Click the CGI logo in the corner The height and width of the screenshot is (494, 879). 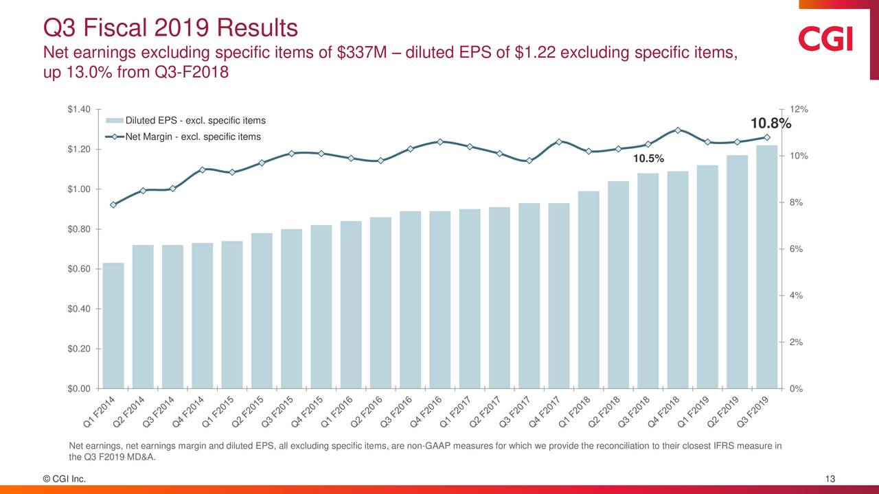pos(825,38)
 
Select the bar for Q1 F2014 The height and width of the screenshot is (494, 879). pos(113,325)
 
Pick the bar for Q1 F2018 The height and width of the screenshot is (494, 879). pos(589,290)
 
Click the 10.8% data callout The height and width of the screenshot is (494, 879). pos(770,124)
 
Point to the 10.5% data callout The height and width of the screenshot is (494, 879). pos(648,159)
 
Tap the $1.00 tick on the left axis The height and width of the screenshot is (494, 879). pos(78,189)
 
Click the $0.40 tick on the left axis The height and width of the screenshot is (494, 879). pos(78,309)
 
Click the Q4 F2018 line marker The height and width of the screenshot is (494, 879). pos(678,130)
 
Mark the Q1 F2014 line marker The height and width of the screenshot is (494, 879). pos(113,204)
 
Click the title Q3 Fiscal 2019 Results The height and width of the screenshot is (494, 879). pos(170,28)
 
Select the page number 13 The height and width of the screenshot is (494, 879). pos(830,479)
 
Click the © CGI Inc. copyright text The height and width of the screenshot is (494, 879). pos(65,479)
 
